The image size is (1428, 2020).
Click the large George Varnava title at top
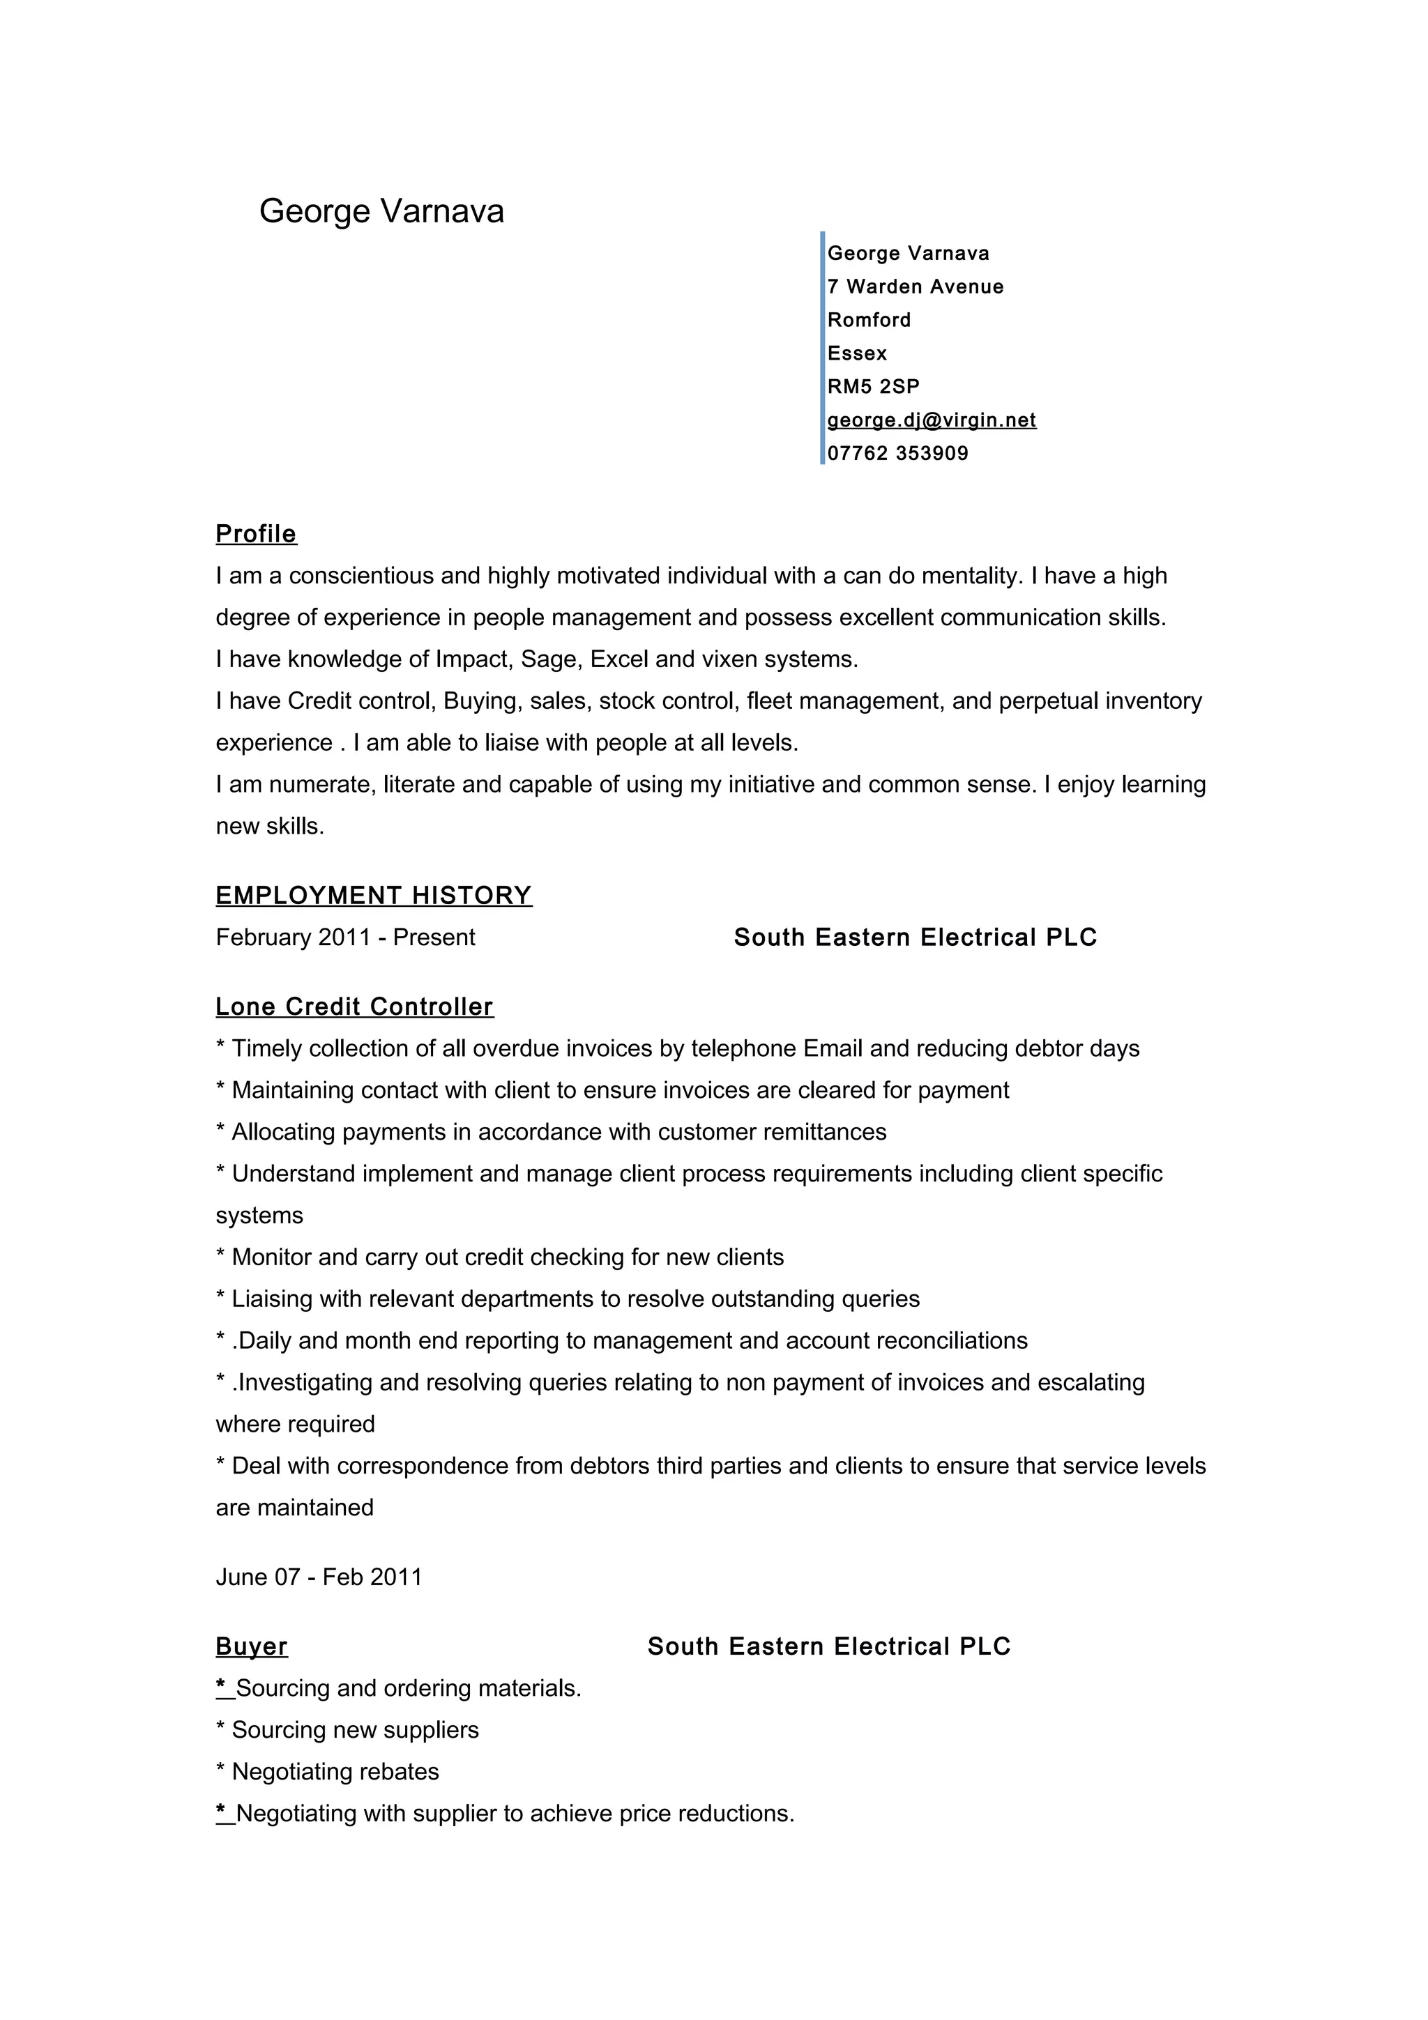point(381,211)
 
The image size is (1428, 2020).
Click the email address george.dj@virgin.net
point(931,420)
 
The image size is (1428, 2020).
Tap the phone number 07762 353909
point(897,453)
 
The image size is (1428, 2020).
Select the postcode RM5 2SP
point(873,386)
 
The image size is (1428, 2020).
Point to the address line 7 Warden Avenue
point(915,286)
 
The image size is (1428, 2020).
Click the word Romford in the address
point(868,320)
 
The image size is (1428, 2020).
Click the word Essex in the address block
point(857,353)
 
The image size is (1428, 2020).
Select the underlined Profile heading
point(256,534)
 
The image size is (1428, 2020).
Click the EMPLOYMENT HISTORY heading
point(374,896)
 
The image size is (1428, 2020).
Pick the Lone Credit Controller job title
point(355,1007)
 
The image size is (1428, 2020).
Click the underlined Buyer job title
point(252,1646)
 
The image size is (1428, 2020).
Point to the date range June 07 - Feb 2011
point(319,1577)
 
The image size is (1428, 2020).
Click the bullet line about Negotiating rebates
point(335,1771)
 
